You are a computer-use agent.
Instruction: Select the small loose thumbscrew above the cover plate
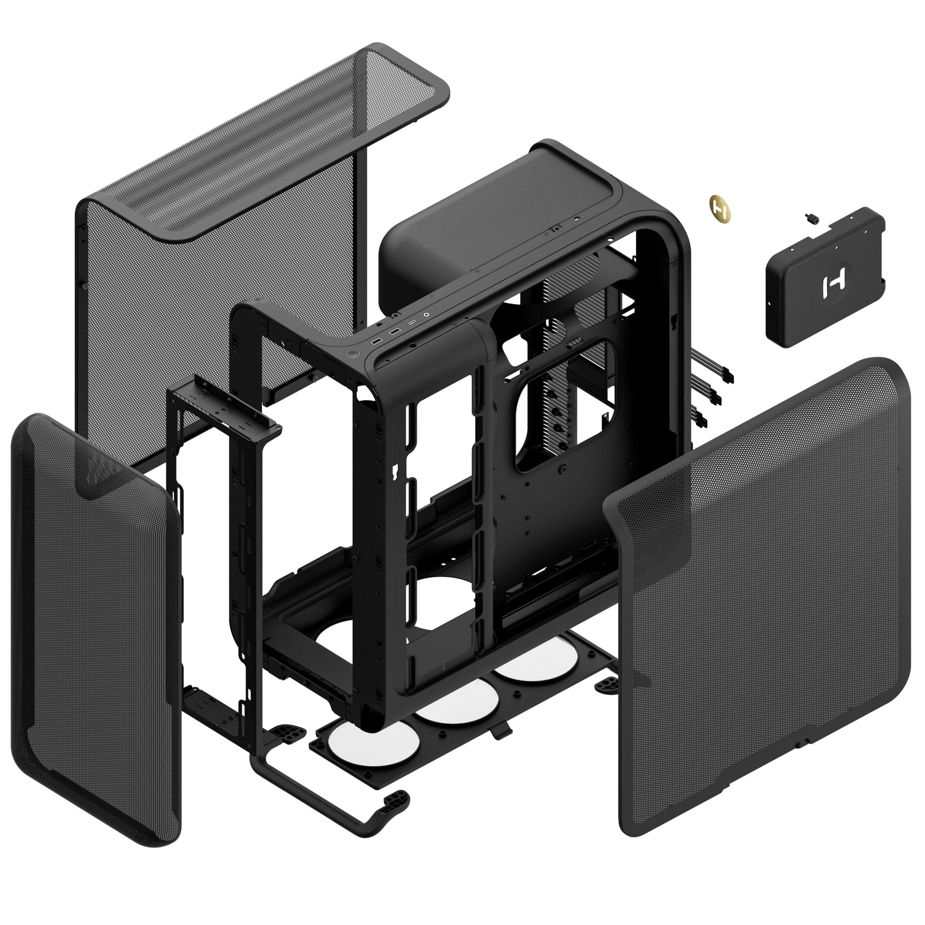tap(812, 218)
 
